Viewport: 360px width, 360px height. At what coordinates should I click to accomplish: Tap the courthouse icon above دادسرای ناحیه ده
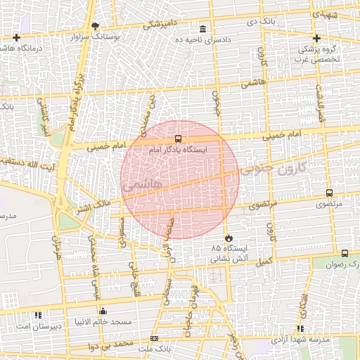[203, 29]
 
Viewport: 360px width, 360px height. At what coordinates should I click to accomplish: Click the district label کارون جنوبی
[274, 169]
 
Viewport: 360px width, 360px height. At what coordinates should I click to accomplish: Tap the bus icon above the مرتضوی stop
[329, 193]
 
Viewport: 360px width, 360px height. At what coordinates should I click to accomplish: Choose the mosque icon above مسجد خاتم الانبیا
[103, 311]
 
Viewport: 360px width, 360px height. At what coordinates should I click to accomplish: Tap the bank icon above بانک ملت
[155, 339]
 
